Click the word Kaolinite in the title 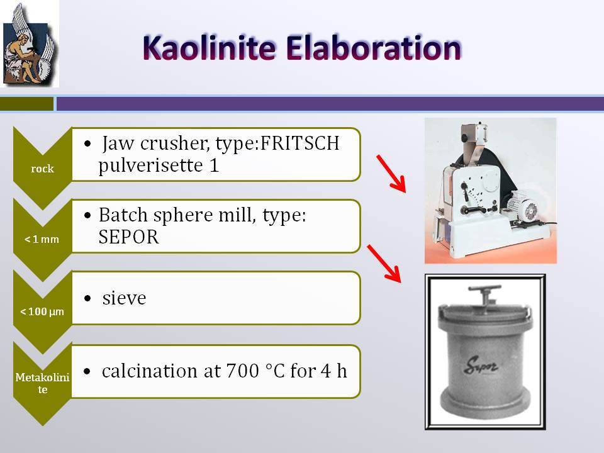pos(209,48)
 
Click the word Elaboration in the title pos(373,48)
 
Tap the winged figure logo pos(30,43)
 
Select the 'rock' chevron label pos(42,169)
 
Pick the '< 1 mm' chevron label pos(42,239)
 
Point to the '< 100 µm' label pos(42,311)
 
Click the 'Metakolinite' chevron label pos(42,383)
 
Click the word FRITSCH pos(299,143)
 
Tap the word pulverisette pos(150,165)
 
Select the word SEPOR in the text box pos(128,237)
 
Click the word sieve pos(124,298)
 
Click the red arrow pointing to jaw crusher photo pos(391,174)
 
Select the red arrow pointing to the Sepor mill pos(384,264)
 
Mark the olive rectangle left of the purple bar pos(26,104)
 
